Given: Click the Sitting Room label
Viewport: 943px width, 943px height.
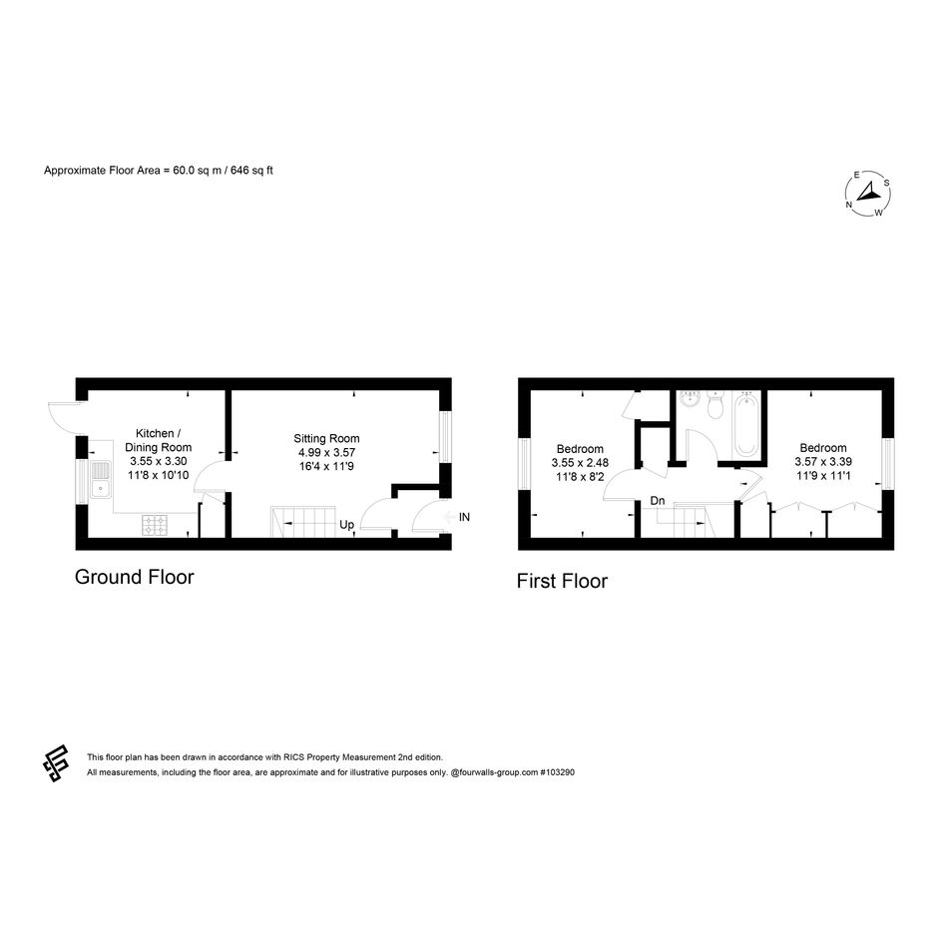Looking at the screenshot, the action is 326,438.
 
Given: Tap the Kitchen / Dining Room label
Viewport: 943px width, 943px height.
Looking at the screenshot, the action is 159,440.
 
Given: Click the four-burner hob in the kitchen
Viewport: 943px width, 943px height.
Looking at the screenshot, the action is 155,525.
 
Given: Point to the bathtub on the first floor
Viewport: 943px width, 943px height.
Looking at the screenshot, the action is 746,425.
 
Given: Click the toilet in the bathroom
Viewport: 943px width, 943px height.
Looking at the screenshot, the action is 715,405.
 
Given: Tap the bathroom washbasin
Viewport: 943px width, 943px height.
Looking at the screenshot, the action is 690,399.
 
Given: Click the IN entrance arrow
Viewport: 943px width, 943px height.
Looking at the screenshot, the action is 448,517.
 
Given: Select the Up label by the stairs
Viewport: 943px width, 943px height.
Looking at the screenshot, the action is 346,525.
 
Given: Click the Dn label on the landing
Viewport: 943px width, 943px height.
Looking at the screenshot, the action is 658,500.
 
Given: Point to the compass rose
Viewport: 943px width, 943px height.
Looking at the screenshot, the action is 868,194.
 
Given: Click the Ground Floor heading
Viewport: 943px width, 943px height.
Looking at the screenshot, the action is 134,577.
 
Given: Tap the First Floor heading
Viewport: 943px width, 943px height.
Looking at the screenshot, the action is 562,581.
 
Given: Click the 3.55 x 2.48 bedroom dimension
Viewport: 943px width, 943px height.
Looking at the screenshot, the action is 580,463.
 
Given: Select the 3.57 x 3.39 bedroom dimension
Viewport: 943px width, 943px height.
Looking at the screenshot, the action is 822,462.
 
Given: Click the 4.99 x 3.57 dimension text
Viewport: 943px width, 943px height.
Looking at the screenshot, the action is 326,452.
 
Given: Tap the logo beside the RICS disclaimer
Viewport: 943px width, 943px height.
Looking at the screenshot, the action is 55,762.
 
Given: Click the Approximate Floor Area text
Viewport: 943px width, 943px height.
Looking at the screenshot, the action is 159,171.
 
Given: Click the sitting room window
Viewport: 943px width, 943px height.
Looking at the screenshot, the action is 445,437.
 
